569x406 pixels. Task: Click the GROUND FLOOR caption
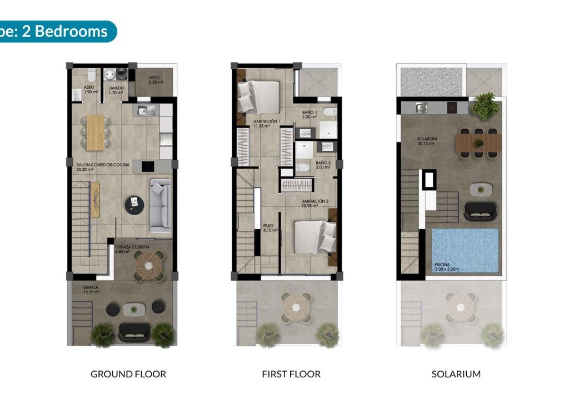(x=128, y=374)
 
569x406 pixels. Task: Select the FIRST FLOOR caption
(x=291, y=374)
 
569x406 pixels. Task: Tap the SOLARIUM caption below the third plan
(x=456, y=374)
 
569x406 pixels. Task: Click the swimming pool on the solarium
(x=465, y=251)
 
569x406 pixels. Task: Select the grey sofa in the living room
(x=160, y=202)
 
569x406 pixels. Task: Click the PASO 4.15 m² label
(x=269, y=228)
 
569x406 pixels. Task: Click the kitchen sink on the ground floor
(x=144, y=110)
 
